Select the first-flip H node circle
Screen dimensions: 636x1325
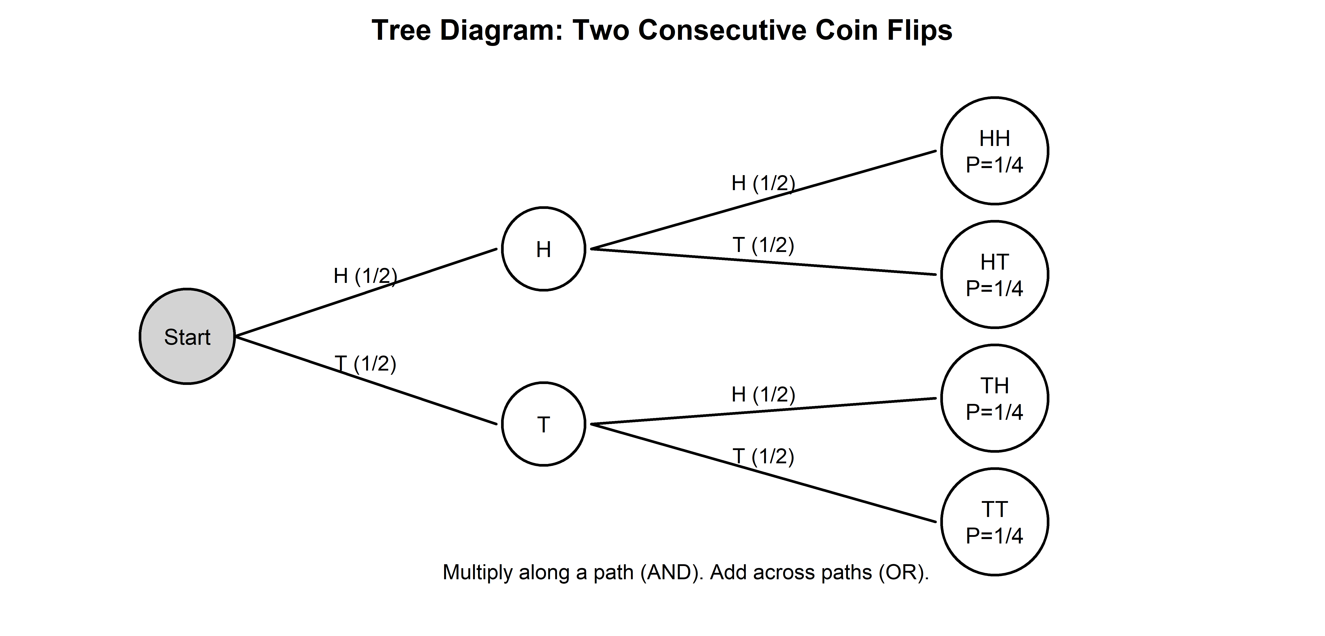coord(544,249)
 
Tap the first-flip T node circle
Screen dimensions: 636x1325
coord(544,424)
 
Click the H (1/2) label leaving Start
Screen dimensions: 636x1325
coord(365,276)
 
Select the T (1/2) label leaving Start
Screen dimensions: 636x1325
coord(365,364)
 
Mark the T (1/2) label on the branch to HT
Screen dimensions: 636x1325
coord(763,245)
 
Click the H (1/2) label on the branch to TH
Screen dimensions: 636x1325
coord(763,395)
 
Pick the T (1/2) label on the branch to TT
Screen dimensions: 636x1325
coord(763,456)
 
